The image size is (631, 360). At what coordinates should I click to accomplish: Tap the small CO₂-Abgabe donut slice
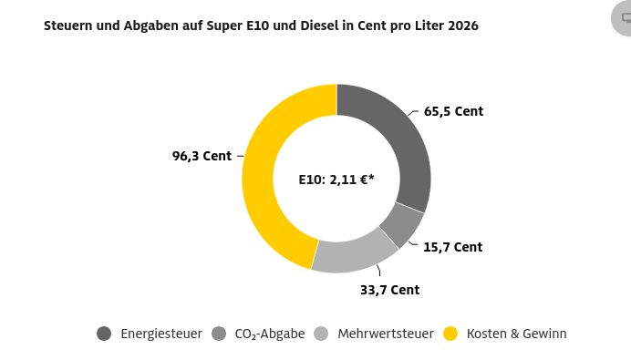[402, 224]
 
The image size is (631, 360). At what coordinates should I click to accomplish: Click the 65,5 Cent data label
[453, 112]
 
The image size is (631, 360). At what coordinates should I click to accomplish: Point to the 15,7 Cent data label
[452, 247]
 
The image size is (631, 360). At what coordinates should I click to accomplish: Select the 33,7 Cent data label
[389, 291]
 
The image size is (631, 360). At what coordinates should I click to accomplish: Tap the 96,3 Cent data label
[202, 156]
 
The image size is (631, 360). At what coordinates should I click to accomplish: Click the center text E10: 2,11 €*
[336, 180]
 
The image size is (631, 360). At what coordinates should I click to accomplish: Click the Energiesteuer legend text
[161, 334]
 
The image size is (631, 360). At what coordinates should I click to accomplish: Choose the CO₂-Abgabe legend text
[270, 334]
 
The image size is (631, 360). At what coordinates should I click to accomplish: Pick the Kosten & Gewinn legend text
[516, 334]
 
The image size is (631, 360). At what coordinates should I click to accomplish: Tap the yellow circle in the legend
[450, 334]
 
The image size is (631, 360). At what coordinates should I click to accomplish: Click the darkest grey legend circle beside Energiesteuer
[104, 334]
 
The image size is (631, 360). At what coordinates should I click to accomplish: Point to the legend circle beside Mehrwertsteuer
[321, 334]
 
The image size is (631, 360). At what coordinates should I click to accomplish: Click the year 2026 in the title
[462, 26]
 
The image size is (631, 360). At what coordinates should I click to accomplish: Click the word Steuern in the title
[67, 26]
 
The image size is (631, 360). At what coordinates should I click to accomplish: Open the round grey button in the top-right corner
[625, 18]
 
